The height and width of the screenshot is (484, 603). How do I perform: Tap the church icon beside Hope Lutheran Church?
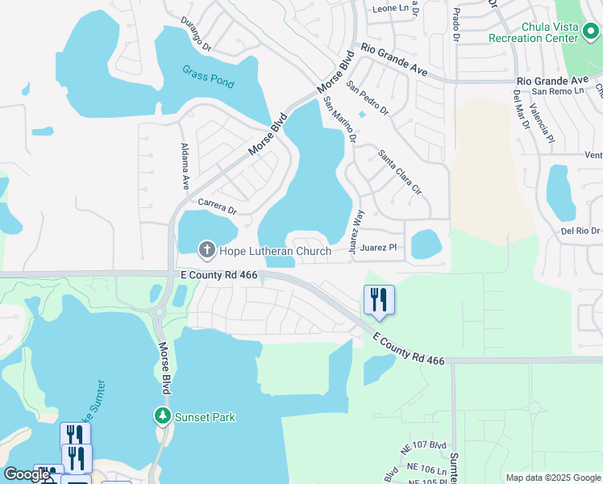(x=206, y=250)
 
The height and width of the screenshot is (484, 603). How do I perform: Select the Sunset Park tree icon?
(x=162, y=416)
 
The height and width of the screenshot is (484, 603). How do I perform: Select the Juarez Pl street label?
(x=380, y=248)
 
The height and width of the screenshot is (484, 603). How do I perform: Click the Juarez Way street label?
(x=357, y=232)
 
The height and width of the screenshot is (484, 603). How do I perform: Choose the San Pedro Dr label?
(x=367, y=97)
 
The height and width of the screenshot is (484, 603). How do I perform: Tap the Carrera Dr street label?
(x=217, y=207)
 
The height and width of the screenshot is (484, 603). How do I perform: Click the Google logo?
(x=26, y=474)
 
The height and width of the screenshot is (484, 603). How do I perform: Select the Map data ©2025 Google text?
(x=553, y=478)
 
